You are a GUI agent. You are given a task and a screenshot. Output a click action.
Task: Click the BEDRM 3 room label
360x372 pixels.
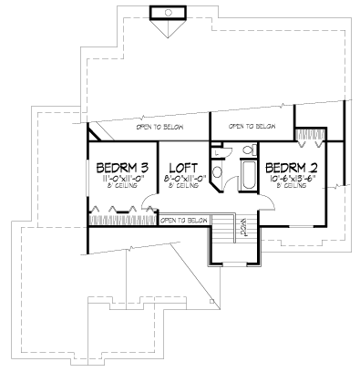[x=122, y=168]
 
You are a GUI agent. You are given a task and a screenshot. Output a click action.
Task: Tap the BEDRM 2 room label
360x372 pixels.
[x=291, y=168]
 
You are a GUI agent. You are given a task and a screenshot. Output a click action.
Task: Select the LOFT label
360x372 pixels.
[x=184, y=168]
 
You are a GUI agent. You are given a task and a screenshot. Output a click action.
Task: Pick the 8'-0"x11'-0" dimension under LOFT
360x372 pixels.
[x=184, y=180]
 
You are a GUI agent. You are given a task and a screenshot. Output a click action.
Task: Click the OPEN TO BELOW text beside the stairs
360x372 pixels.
[x=184, y=220]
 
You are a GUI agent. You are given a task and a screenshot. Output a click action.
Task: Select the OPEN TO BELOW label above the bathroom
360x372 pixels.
[x=252, y=126]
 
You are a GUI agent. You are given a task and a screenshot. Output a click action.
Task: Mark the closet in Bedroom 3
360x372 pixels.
[x=122, y=219]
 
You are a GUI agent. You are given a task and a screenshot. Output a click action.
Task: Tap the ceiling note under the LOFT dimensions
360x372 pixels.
[x=184, y=189]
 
